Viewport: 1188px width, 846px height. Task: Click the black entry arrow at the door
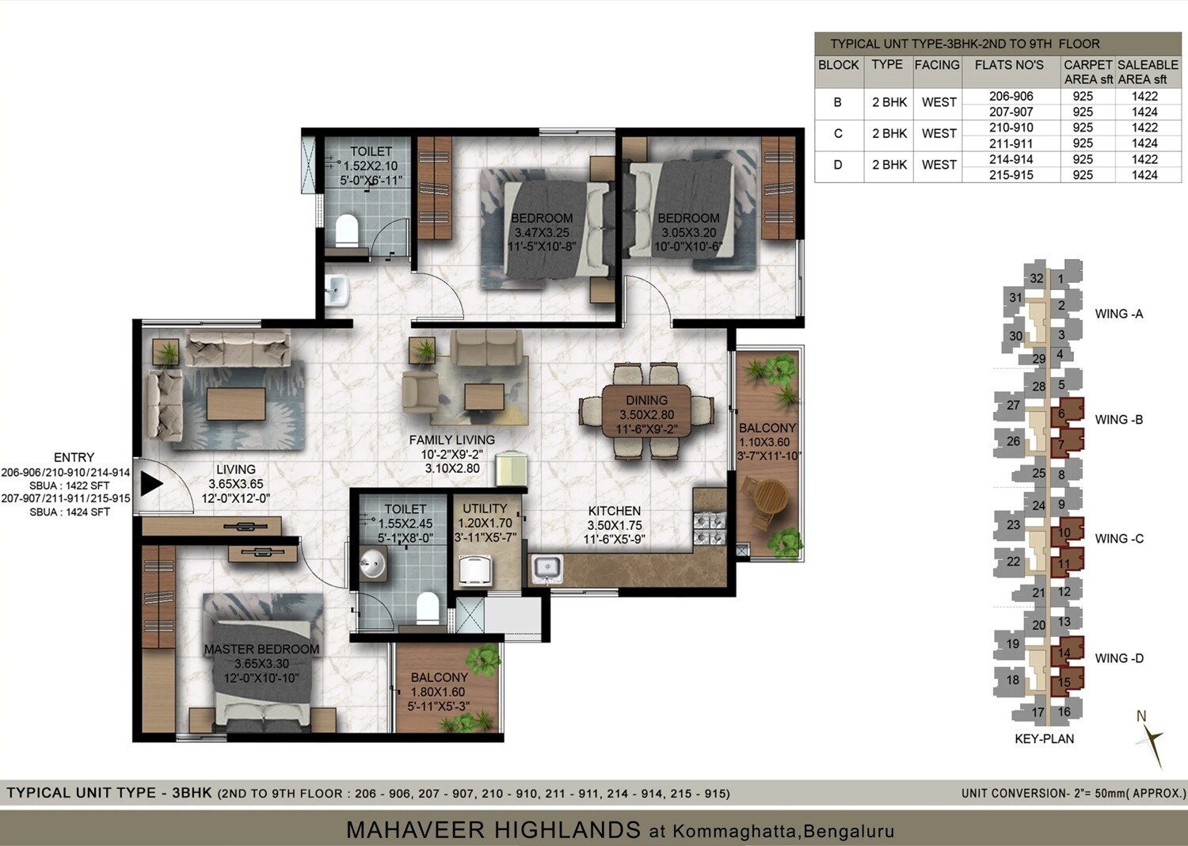point(150,483)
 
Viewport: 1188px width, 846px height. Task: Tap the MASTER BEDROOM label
point(261,650)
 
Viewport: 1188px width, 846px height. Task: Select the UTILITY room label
point(485,509)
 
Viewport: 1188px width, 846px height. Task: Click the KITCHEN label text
point(614,511)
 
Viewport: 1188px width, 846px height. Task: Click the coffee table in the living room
point(235,404)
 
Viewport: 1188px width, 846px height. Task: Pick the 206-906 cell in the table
point(1011,96)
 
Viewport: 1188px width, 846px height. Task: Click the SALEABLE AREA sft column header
point(1147,71)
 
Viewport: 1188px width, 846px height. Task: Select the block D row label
point(837,165)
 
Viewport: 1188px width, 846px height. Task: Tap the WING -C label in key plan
point(1119,539)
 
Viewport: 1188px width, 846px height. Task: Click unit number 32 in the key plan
point(1037,279)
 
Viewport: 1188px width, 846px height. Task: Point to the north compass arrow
point(1152,741)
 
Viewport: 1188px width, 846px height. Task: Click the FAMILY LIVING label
point(451,440)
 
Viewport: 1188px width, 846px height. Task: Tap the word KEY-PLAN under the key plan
point(1044,739)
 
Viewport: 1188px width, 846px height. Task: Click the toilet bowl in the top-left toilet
point(347,231)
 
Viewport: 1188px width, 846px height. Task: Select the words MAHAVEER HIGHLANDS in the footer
point(493,830)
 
